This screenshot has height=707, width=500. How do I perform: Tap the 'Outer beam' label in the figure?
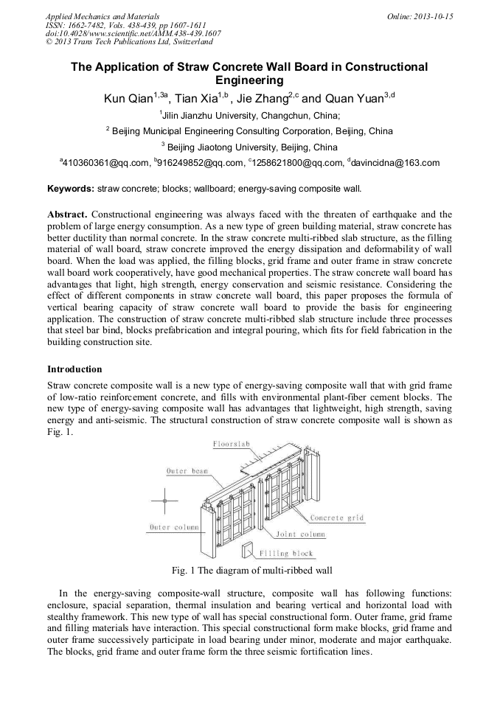(x=187, y=470)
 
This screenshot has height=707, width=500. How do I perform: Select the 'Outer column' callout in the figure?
(x=171, y=527)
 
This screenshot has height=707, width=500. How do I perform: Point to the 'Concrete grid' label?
(x=337, y=518)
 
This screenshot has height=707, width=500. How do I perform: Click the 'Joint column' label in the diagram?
(x=300, y=534)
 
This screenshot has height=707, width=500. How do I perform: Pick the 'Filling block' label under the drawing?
(x=286, y=553)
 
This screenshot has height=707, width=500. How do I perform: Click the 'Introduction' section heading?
(x=74, y=369)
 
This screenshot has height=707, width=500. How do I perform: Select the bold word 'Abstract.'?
(x=68, y=214)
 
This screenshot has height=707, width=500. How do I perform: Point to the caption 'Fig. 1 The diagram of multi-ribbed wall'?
(x=251, y=570)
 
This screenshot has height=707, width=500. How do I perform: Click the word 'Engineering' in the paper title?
(x=249, y=80)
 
